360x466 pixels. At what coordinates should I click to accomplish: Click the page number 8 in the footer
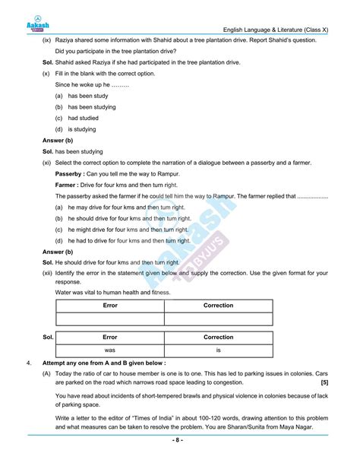(180, 440)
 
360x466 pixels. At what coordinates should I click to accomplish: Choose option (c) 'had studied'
(83, 118)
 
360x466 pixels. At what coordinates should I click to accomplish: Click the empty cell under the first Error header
(110, 319)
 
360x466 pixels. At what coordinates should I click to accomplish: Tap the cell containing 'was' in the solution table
(110, 350)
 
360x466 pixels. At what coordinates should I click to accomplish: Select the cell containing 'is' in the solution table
(219, 350)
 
